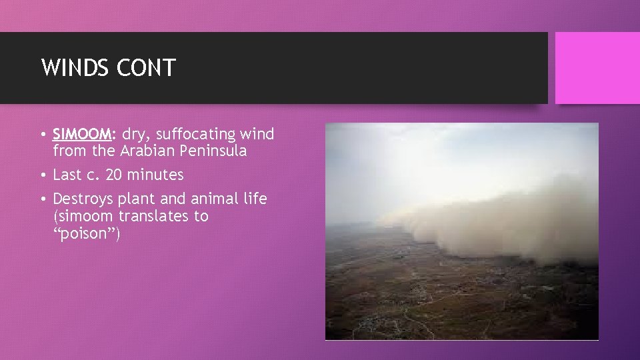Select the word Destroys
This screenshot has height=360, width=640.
[x=83, y=199]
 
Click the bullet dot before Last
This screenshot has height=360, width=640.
[x=43, y=175]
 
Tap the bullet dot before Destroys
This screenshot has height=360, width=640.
[x=43, y=199]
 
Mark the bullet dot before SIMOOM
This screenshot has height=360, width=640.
[x=43, y=135]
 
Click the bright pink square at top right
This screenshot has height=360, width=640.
[x=597, y=68]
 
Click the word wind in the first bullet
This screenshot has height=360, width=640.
[x=258, y=134]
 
